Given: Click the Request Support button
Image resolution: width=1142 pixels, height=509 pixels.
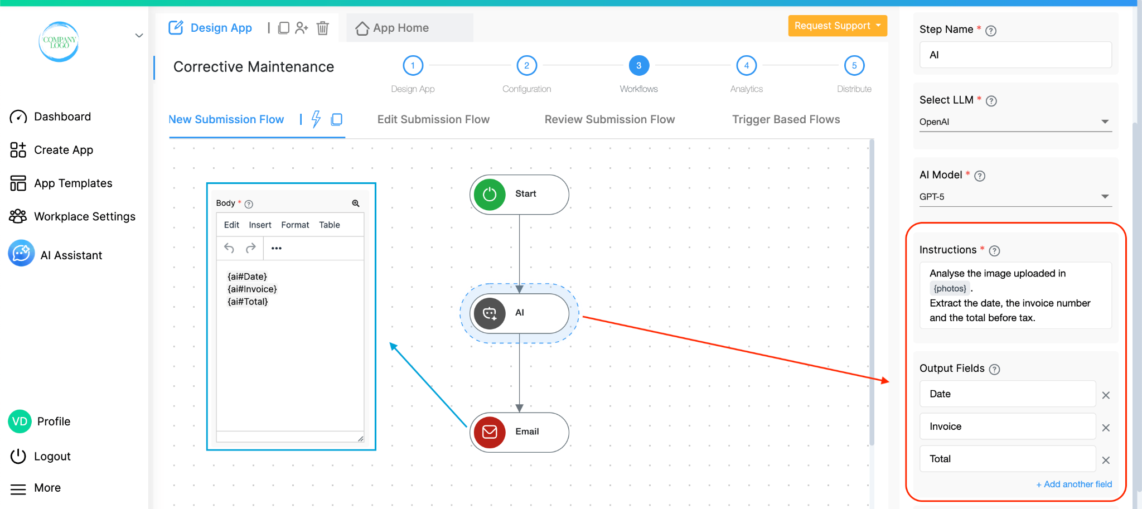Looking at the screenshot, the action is [837, 26].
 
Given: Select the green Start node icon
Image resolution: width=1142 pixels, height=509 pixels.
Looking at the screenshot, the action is [490, 194].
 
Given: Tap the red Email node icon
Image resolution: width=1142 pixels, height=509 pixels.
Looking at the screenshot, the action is [490, 432].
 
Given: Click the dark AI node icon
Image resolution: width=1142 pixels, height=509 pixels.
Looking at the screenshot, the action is [490, 313].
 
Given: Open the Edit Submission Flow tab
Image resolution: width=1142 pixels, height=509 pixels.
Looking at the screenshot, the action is [433, 119].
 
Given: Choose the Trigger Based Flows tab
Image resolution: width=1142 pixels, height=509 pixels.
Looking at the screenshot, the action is [786, 119].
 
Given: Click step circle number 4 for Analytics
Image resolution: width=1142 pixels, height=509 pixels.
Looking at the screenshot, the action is [746, 65].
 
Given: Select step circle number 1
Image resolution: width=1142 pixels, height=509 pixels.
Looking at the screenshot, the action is [413, 65].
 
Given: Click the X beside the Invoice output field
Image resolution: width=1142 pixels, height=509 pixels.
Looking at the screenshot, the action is [1106, 428].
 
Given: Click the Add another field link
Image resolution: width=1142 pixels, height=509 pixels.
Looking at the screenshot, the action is [1074, 484].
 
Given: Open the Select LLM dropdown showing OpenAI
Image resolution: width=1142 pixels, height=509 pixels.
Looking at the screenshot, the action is [1015, 122].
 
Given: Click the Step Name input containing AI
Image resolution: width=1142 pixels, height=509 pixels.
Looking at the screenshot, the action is [1015, 55].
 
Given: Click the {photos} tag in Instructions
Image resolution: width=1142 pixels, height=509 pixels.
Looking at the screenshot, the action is [950, 288].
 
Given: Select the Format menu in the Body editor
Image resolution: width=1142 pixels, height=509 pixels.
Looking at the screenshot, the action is [295, 225].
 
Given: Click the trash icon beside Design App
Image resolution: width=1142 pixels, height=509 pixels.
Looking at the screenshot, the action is [323, 28].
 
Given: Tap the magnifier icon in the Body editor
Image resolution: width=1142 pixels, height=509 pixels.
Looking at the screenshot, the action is [356, 203].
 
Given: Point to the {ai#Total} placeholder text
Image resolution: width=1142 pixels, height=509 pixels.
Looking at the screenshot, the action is [248, 302].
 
